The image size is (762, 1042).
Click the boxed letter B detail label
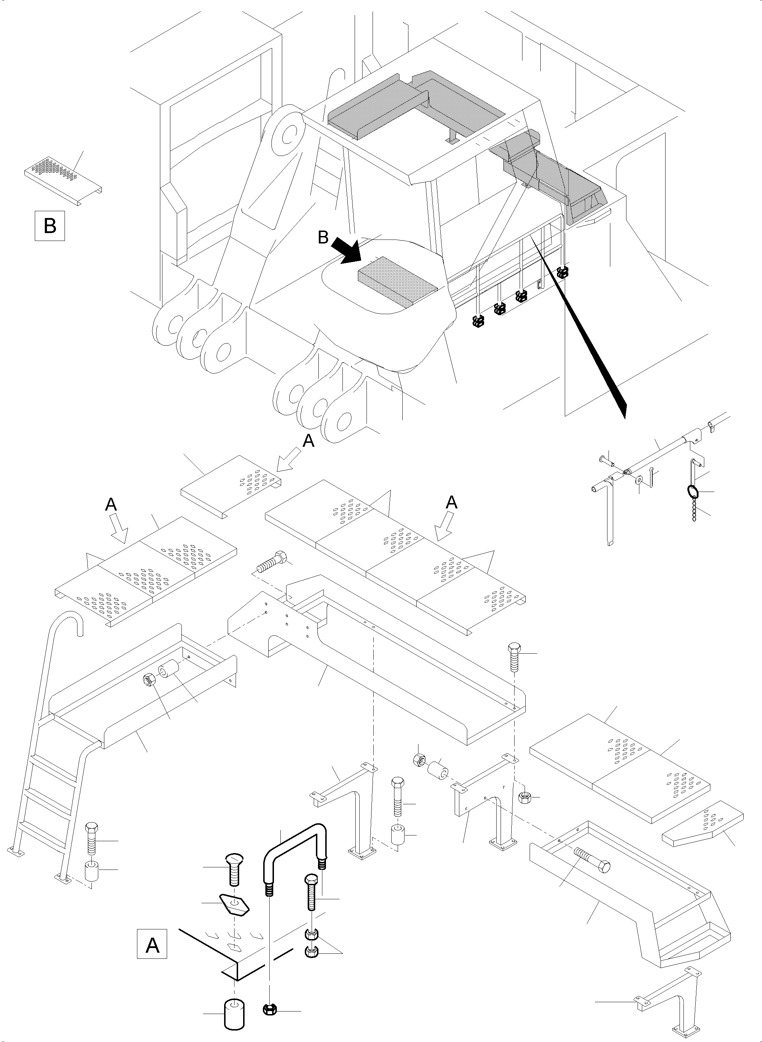tap(50, 226)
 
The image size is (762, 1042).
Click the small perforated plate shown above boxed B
tap(62, 177)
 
